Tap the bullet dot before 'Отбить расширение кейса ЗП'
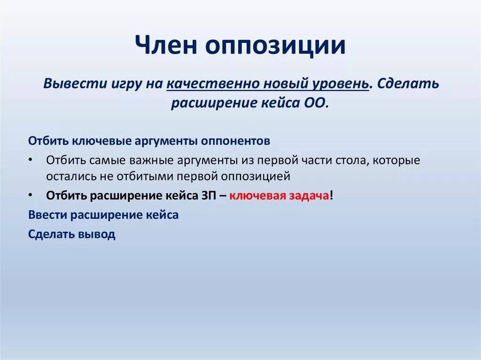30,194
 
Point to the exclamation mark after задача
332,196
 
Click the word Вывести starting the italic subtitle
67,84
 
